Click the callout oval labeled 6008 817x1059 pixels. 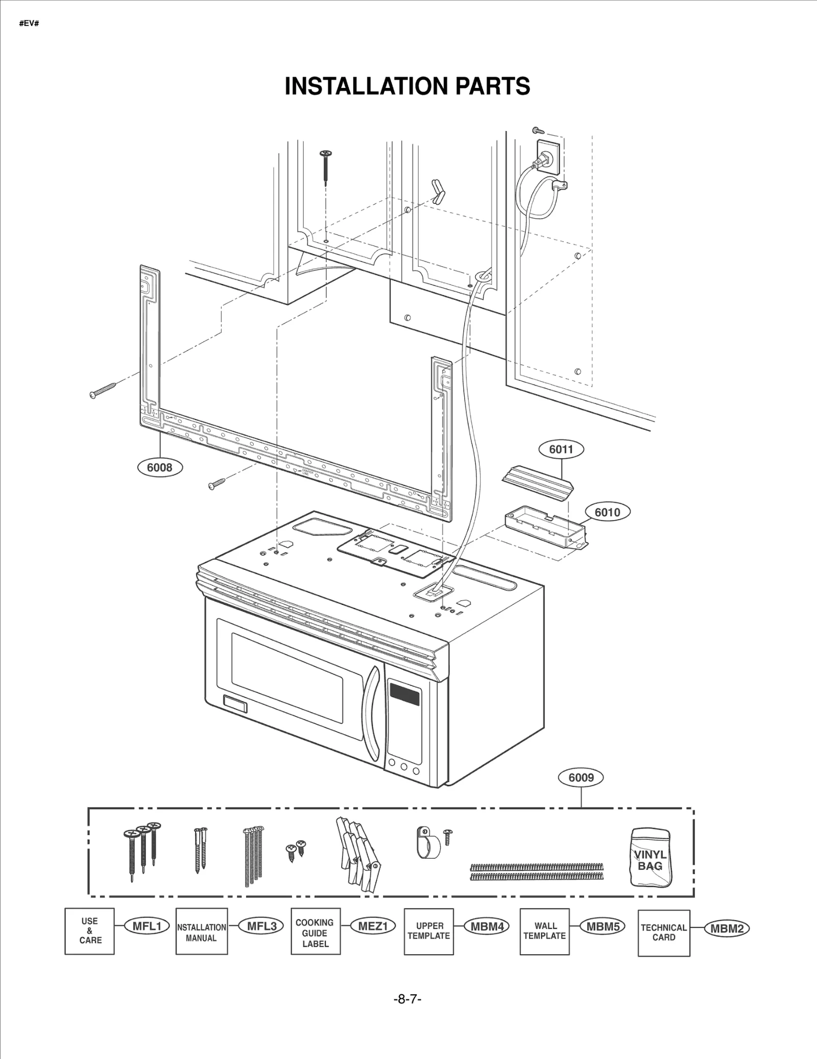(x=160, y=467)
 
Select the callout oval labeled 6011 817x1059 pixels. (x=561, y=449)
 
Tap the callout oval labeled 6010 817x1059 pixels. (x=607, y=512)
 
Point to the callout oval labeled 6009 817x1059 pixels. (x=581, y=777)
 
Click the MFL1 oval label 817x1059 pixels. (x=147, y=926)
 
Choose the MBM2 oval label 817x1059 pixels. (x=727, y=929)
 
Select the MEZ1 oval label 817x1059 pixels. (x=373, y=926)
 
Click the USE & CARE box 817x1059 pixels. (x=90, y=931)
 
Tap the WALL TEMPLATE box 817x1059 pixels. (x=544, y=931)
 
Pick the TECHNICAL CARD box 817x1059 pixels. (x=664, y=933)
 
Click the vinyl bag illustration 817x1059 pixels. (x=651, y=857)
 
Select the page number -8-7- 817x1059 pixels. (x=407, y=999)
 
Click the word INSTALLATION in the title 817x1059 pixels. (x=366, y=86)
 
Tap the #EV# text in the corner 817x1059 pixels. (x=29, y=24)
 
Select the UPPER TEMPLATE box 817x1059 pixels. (x=429, y=931)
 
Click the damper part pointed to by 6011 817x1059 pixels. (x=537, y=478)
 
